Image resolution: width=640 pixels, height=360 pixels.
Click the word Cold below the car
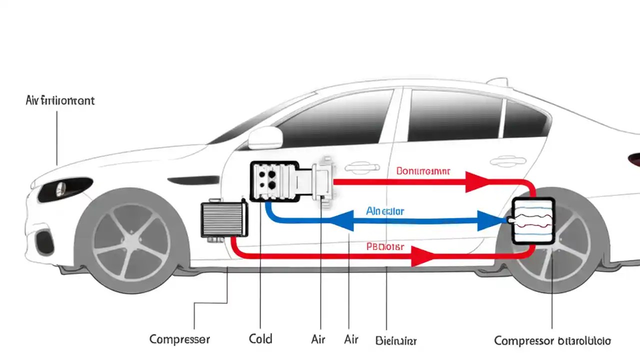coord(260,339)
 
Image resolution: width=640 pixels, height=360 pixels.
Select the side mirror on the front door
coord(265,137)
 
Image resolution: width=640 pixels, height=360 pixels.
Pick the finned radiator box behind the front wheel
coord(224,219)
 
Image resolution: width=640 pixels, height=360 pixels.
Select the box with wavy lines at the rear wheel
coord(533,220)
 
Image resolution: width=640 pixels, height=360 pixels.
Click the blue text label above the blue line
coord(385,211)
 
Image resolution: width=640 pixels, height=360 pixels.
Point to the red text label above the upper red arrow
coord(423,171)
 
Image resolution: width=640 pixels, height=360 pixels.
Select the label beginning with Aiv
coord(59,100)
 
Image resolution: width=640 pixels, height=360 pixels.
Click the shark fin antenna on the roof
coord(497,81)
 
